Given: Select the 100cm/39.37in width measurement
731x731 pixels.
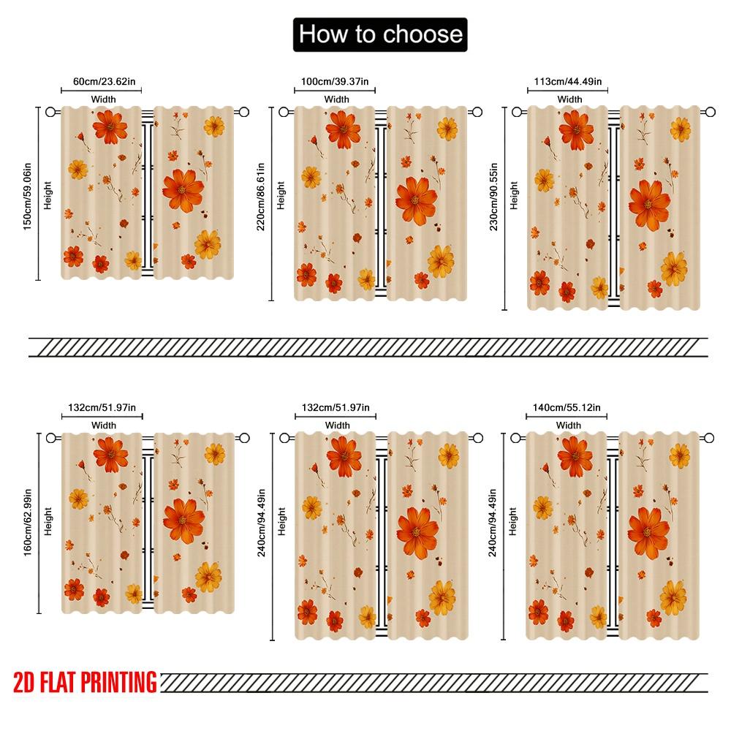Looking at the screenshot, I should coord(336,81).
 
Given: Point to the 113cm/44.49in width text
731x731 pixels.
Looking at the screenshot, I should coord(569,81).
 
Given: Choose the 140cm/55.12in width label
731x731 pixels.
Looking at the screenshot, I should coord(568,407).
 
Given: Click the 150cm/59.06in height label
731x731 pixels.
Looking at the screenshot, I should coord(28,194).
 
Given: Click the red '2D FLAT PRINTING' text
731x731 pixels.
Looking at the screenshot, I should coord(85,682).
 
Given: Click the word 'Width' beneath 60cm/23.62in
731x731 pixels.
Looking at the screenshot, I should coord(103,99).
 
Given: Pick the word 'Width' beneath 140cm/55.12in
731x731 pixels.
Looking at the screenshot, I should coord(568,425).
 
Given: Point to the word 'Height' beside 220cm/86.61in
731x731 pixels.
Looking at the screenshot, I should coord(281,196).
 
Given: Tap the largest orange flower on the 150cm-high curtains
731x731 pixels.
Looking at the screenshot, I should coord(183,189).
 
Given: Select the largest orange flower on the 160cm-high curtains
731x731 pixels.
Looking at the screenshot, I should coord(183,520).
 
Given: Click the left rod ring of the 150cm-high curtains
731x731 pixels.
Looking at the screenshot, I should coord(50,112).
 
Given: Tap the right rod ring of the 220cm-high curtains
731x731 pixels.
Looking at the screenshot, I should coord(477,113).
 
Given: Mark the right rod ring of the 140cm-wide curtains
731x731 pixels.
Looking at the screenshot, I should coord(709,438).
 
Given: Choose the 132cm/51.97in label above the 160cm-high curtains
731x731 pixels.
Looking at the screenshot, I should coord(102,407).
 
